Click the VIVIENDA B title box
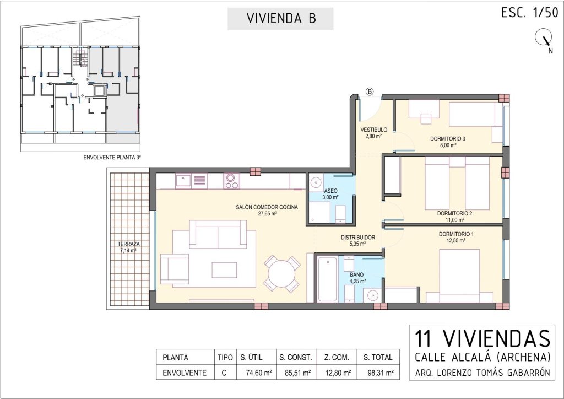click(x=280, y=19)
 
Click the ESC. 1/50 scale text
click(x=529, y=13)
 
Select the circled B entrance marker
click(x=370, y=91)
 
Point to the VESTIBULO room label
click(x=374, y=130)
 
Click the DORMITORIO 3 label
click(x=448, y=139)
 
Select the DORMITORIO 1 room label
click(x=456, y=234)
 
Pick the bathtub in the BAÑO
click(x=327, y=279)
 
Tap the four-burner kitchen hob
click(x=231, y=181)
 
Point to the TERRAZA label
click(x=129, y=244)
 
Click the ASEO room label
click(x=330, y=191)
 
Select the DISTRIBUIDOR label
click(x=358, y=238)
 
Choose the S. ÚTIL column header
click(x=251, y=358)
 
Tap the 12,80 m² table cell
click(x=337, y=373)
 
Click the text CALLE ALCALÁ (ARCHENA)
click(x=482, y=357)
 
